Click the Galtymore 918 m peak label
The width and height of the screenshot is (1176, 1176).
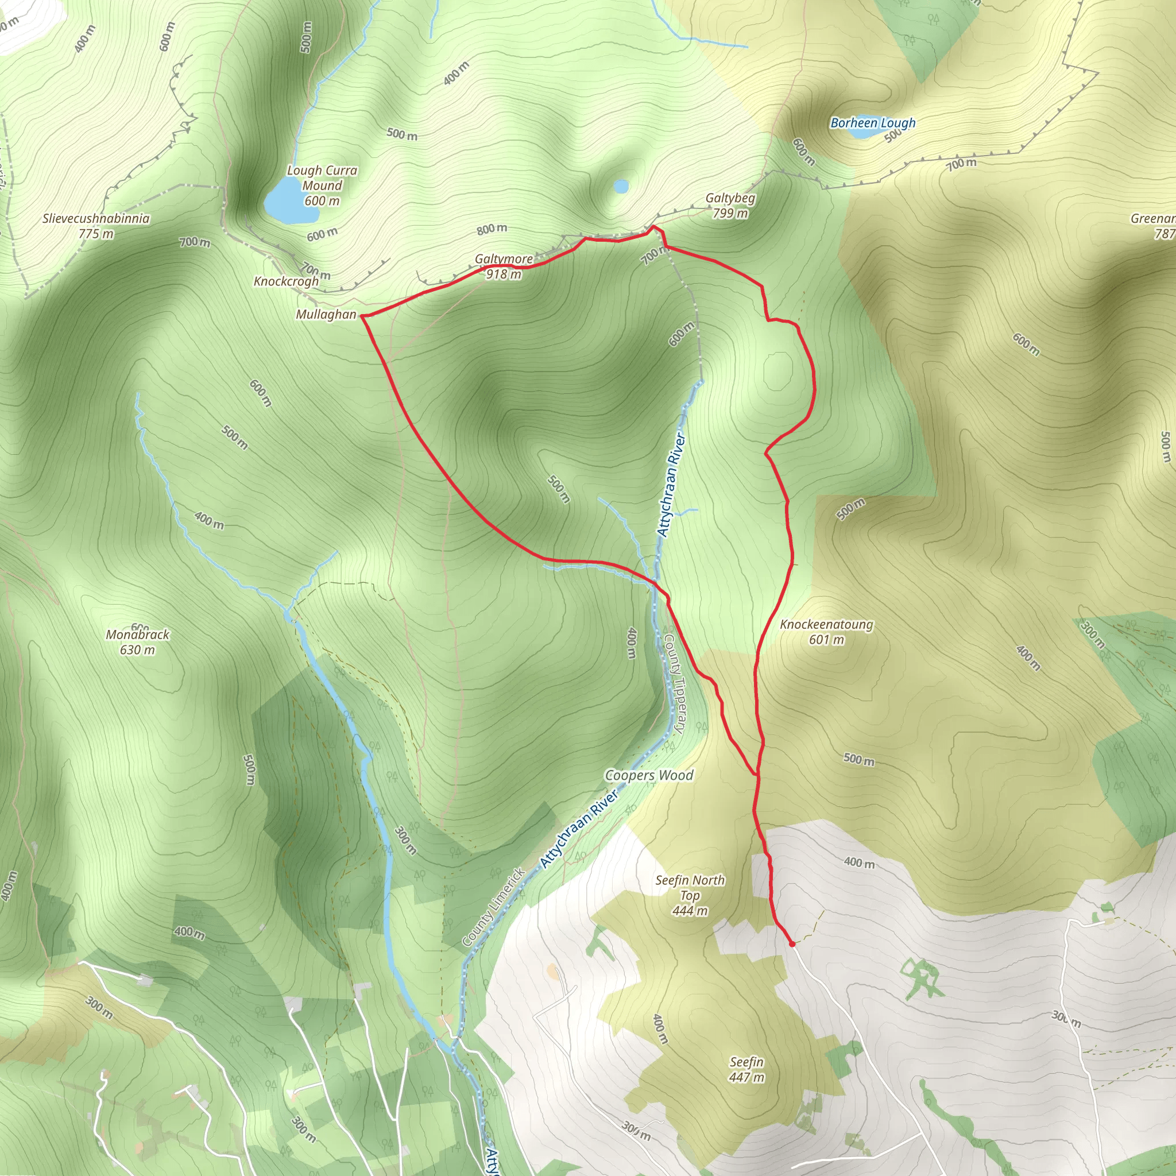point(504,266)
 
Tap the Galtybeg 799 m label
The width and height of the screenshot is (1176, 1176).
point(730,206)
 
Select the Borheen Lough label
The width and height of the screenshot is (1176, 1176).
point(872,123)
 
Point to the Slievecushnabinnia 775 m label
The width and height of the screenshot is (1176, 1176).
point(95,226)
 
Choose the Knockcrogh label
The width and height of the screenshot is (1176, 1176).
point(285,281)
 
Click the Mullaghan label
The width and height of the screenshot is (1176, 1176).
point(326,314)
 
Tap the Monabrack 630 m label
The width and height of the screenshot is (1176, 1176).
point(138,641)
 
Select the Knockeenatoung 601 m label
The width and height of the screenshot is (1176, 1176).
point(826,631)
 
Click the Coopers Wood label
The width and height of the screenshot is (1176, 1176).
point(648,775)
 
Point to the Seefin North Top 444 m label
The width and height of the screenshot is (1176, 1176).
point(690,895)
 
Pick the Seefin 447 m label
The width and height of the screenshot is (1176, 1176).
point(746,1069)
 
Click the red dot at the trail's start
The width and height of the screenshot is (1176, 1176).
point(792,943)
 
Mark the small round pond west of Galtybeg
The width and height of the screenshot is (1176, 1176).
point(621,185)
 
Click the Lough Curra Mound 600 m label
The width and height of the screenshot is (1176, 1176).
point(322,185)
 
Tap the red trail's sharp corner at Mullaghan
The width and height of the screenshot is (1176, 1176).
point(363,316)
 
